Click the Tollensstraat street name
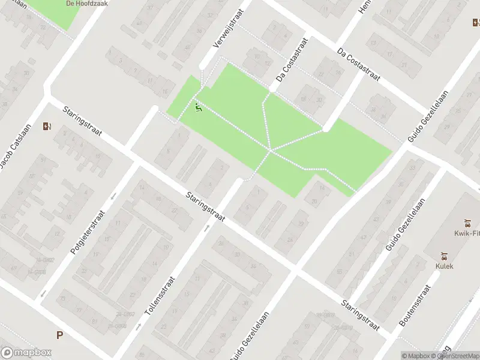(160, 297)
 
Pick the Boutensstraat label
(415, 306)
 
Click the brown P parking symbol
(59, 335)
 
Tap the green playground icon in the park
(199, 107)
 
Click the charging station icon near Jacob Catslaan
(47, 126)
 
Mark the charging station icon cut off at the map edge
(476, 23)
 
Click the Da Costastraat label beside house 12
(292, 61)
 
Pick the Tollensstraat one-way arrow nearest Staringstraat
(206, 227)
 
